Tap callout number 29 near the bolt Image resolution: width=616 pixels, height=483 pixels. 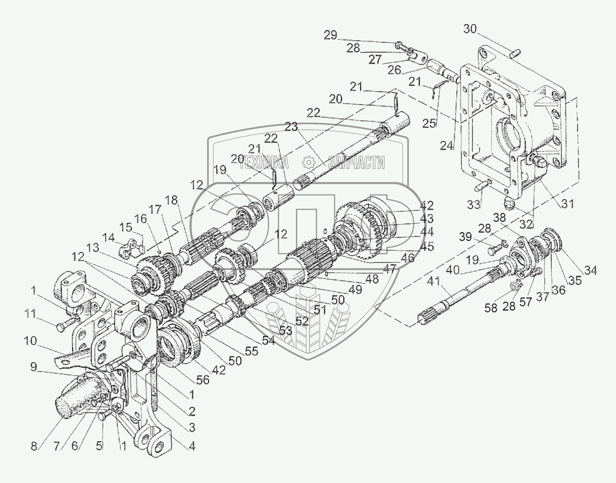click(x=331, y=36)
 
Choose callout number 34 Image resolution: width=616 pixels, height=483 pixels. click(x=590, y=271)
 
